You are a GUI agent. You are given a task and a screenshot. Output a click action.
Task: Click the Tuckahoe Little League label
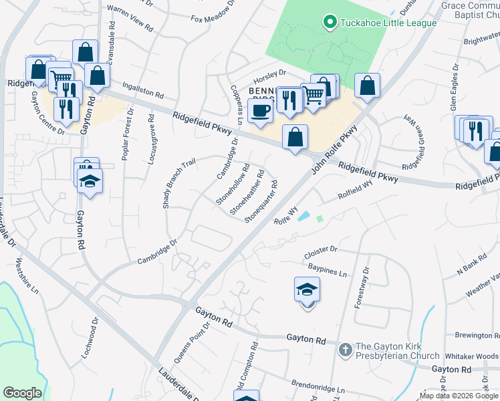[388, 23]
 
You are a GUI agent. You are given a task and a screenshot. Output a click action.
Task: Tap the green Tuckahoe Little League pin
[329, 23]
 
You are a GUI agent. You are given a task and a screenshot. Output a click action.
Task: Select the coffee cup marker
[260, 110]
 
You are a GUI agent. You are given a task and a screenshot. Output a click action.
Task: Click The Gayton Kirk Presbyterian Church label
[397, 351]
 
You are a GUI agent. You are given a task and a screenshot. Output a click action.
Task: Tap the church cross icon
[344, 349]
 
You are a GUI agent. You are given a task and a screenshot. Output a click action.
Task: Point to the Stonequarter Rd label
[261, 200]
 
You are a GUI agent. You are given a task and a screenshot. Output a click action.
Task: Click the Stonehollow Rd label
[233, 184]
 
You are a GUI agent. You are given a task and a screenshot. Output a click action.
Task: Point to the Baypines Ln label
[327, 270]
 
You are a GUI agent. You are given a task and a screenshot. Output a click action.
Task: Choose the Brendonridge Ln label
[318, 387]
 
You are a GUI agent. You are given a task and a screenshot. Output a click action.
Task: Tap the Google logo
[23, 393]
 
